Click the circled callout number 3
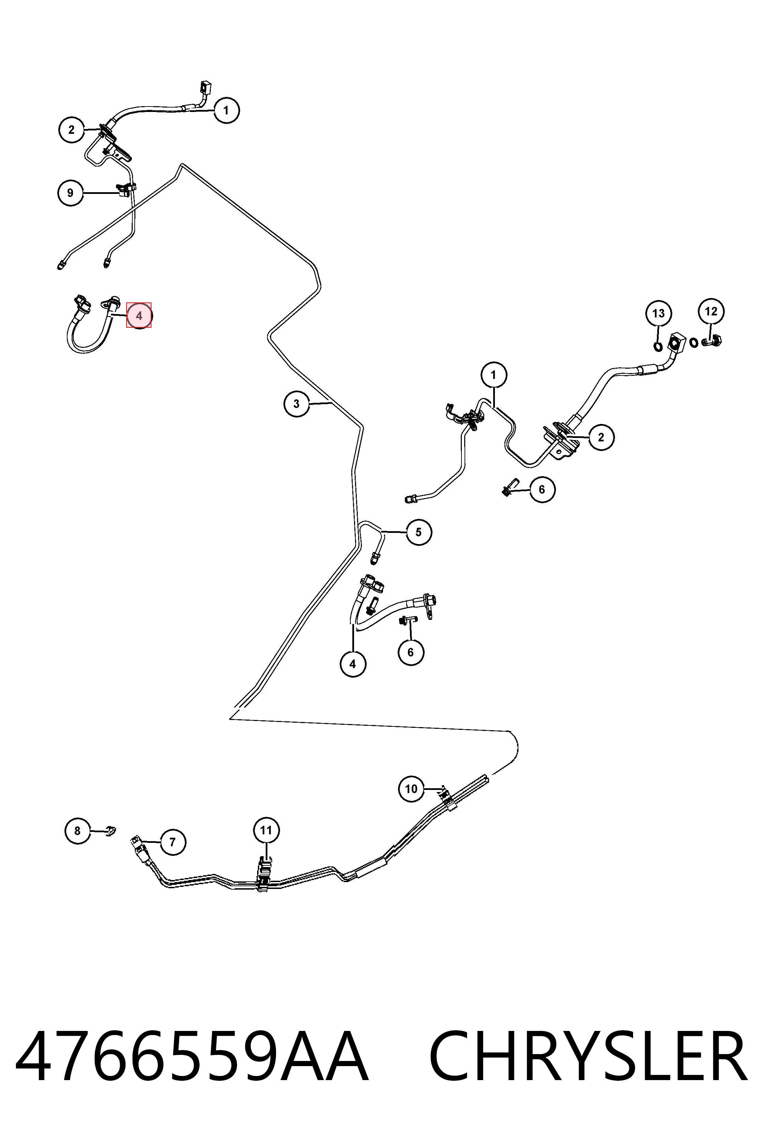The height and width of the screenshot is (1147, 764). (x=297, y=404)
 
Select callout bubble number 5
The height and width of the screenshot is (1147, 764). (x=418, y=532)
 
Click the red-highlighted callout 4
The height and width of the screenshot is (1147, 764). (x=139, y=315)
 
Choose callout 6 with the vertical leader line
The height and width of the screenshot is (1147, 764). (x=410, y=652)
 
